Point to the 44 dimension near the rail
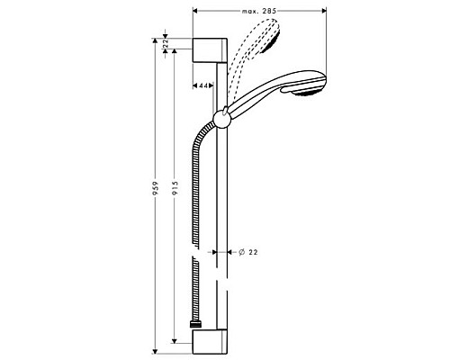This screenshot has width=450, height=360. [203, 85]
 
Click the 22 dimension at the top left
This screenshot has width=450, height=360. [166, 41]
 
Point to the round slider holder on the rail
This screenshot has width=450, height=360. [221, 116]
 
